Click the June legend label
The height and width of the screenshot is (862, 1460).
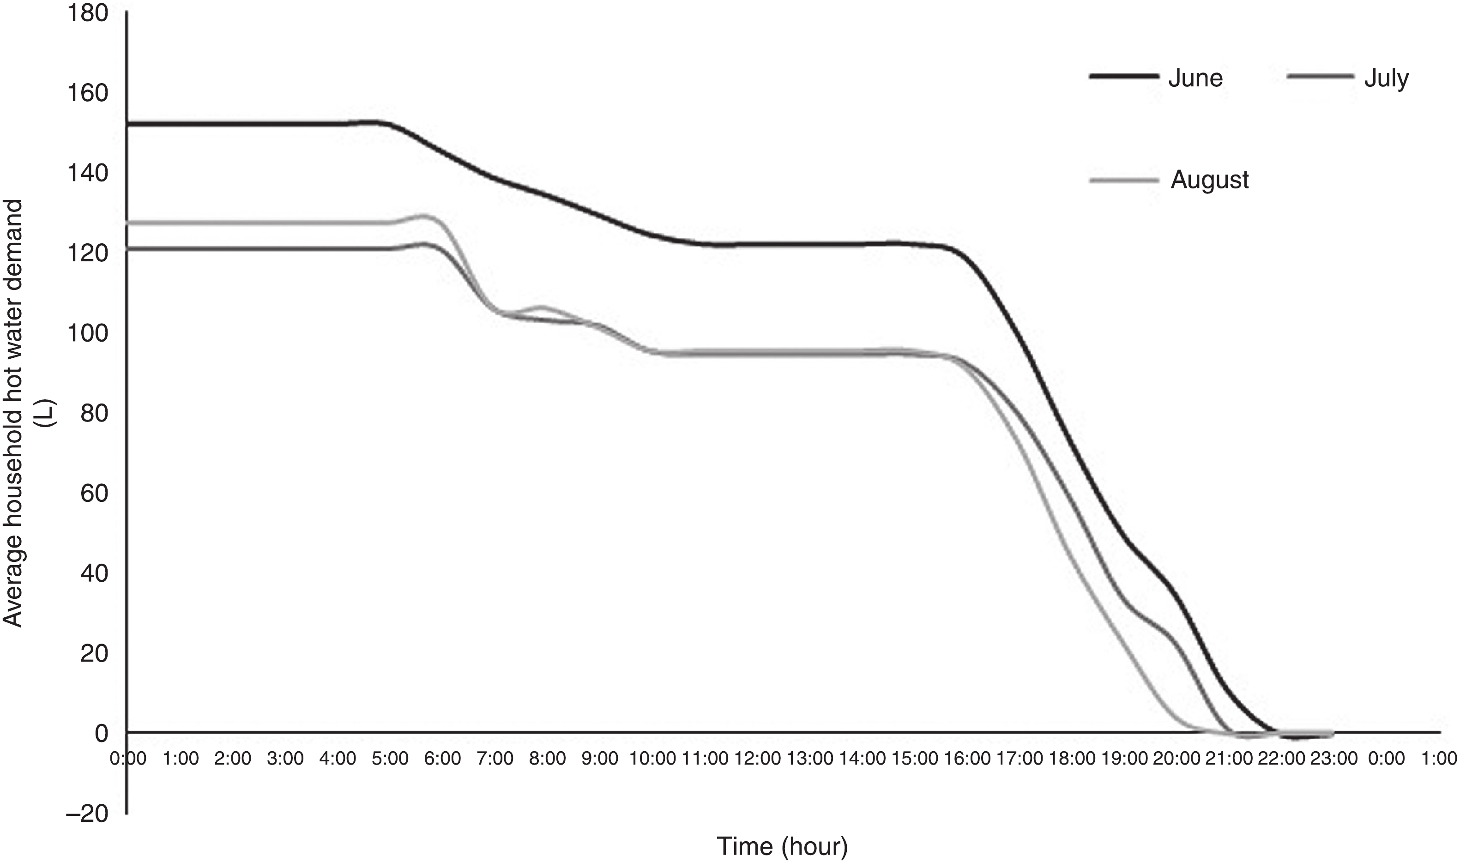point(1195,78)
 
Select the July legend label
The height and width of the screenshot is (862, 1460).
point(1386,78)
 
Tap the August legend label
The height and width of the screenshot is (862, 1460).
point(1209,180)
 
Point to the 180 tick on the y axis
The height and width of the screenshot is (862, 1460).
point(88,13)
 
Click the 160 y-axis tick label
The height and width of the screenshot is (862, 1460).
point(88,93)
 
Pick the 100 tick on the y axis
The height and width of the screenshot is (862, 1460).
point(88,333)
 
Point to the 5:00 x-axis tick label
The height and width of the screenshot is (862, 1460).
point(390,759)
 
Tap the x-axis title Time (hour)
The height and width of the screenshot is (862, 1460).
point(782,846)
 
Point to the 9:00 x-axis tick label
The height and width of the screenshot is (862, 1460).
point(600,759)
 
